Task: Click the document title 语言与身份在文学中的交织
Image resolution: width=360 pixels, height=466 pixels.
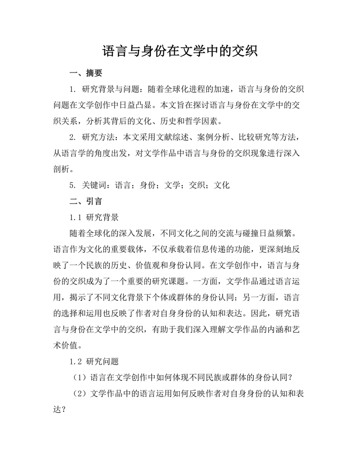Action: coord(180,50)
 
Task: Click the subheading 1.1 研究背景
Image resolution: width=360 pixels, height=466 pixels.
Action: coord(94,217)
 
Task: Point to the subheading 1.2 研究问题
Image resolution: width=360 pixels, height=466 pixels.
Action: coord(94,361)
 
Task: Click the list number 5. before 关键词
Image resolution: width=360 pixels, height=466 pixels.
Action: coord(73,185)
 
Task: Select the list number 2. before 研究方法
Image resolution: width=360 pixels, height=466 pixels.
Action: coord(73,137)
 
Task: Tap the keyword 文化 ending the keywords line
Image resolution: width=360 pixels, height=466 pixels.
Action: coord(222,185)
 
